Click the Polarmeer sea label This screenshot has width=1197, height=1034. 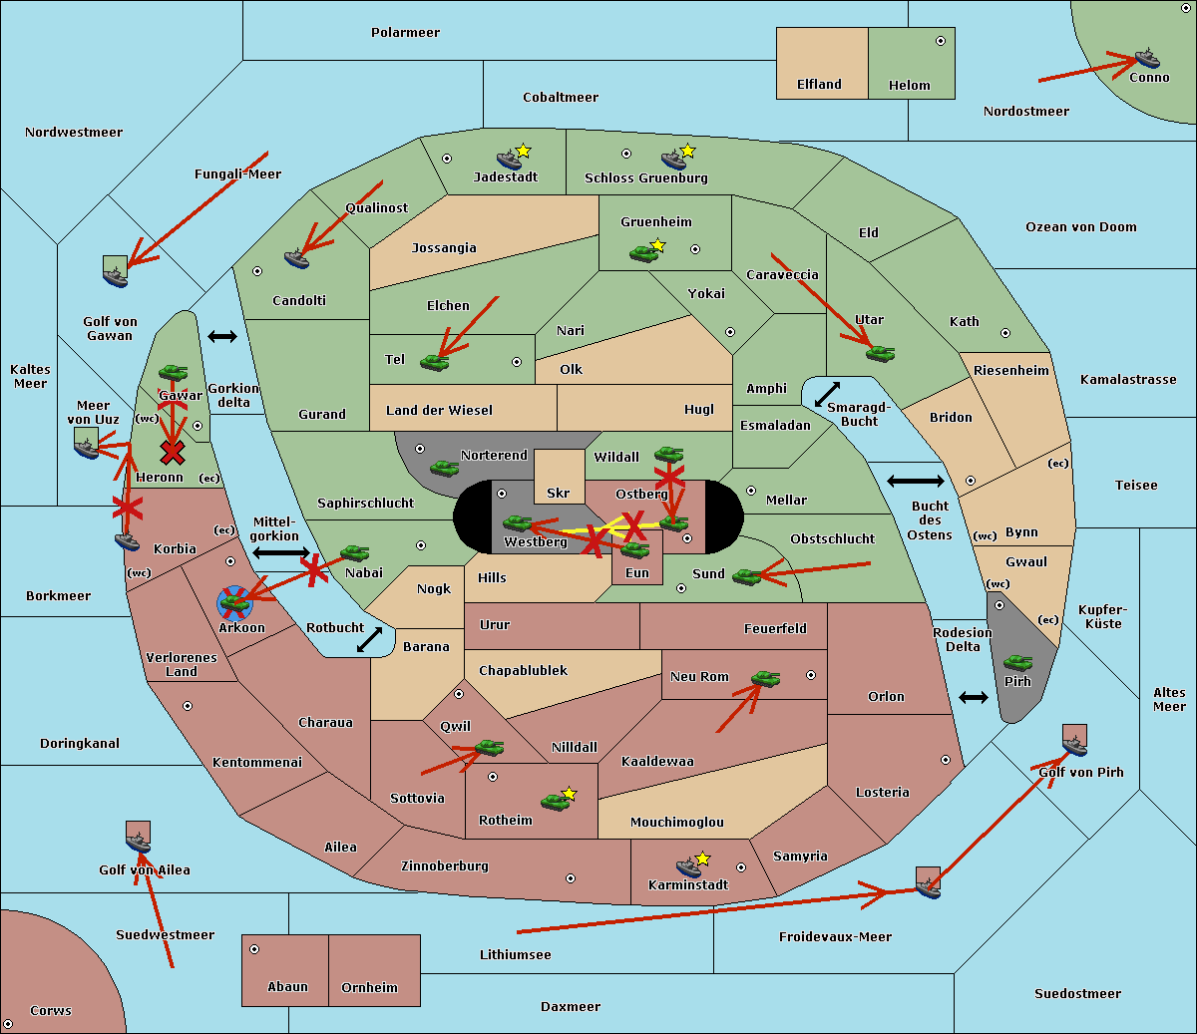coord(405,33)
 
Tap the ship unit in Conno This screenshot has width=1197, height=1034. coord(1147,58)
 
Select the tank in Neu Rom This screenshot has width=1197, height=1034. coord(765,679)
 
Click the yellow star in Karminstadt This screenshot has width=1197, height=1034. coord(702,859)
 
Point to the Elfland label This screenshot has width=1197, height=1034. coord(819,85)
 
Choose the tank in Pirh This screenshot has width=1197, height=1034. coord(1017,663)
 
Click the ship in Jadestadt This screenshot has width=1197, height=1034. coord(510,160)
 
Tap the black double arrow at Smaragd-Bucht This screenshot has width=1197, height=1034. coord(827,395)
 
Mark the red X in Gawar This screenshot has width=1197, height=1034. coord(173,453)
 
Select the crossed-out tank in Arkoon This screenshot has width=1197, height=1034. coord(234,602)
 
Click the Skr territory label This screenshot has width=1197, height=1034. coord(558,493)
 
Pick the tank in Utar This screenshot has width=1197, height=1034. coord(880,353)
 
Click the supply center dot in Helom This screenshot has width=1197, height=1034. coord(940,41)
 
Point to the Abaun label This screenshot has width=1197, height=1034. coord(287,987)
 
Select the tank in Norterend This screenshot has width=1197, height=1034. coord(444,468)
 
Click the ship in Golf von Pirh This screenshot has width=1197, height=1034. coord(1074,745)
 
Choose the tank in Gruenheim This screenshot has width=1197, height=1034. coord(643,254)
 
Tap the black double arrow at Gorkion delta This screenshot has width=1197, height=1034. coord(221,336)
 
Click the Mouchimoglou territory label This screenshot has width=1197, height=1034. coord(676,823)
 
